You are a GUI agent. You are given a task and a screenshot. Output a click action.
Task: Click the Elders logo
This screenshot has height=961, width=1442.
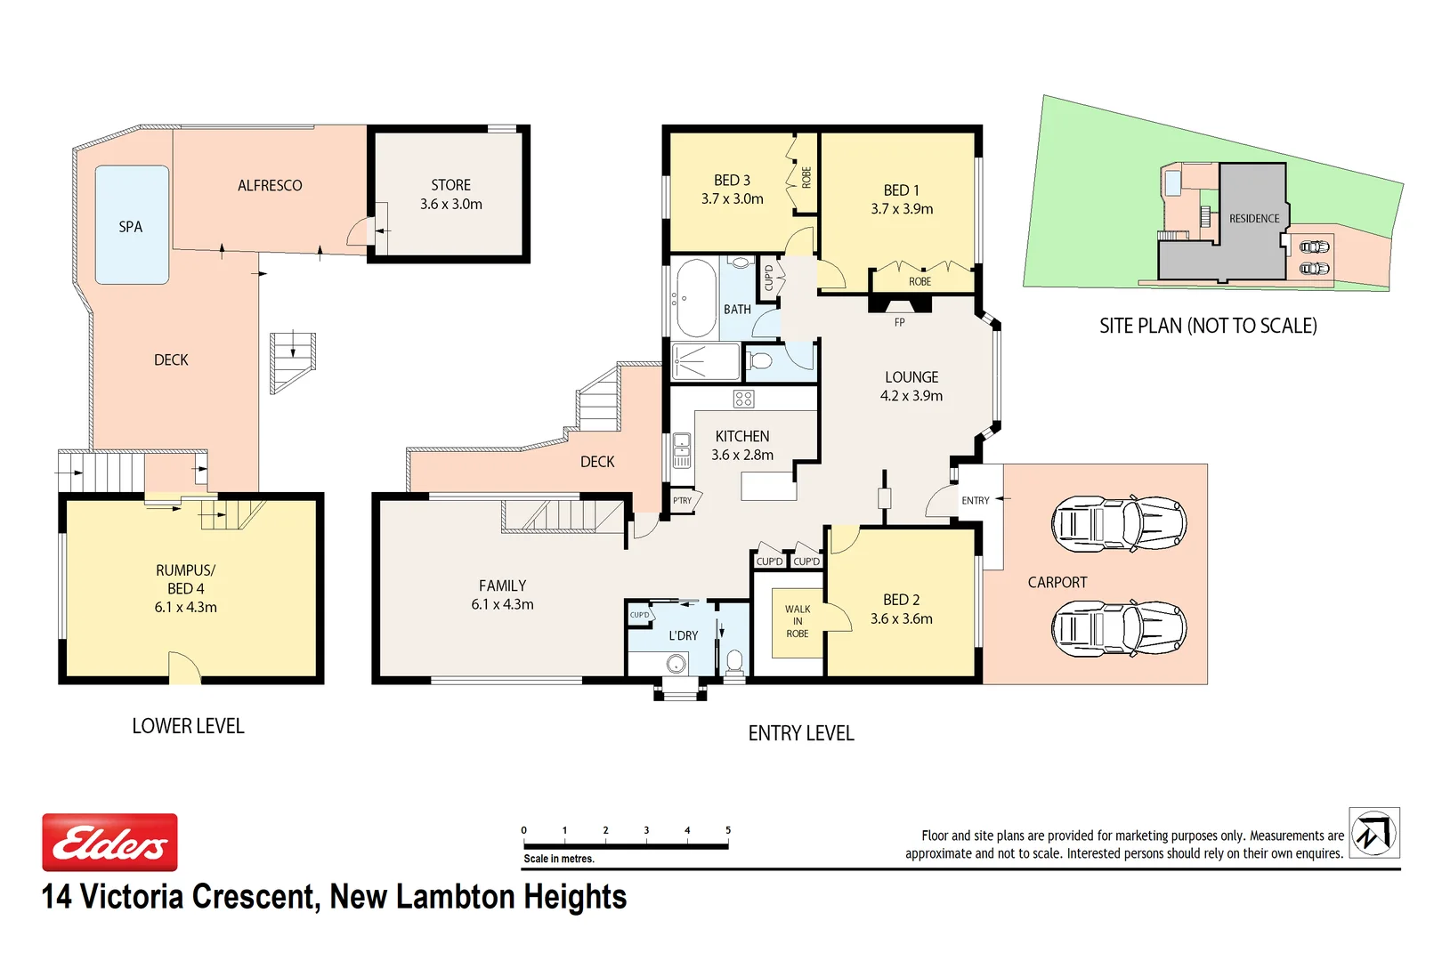pyautogui.click(x=110, y=842)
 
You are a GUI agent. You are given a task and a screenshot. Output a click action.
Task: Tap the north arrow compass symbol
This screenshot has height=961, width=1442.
pyautogui.click(x=1374, y=833)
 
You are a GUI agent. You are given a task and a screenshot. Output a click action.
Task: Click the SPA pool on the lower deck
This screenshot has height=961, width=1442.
pyautogui.click(x=132, y=224)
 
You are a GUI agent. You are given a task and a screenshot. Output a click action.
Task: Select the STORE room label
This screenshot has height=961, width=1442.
pyautogui.click(x=450, y=185)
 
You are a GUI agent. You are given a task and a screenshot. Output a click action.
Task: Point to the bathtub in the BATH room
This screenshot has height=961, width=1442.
pyautogui.click(x=695, y=298)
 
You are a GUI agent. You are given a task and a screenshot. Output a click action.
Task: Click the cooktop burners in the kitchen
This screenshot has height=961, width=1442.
pyautogui.click(x=743, y=399)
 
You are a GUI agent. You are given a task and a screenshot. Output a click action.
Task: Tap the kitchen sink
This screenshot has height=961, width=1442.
pyautogui.click(x=682, y=450)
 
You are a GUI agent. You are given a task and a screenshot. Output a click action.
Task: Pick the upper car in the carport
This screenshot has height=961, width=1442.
pyautogui.click(x=1119, y=523)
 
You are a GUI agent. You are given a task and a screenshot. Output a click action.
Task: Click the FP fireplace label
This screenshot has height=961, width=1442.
pyautogui.click(x=899, y=322)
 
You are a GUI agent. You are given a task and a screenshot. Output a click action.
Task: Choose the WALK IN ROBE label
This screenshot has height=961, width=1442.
pyautogui.click(x=798, y=621)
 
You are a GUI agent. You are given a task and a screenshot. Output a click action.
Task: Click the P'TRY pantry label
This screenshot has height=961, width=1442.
pyautogui.click(x=683, y=501)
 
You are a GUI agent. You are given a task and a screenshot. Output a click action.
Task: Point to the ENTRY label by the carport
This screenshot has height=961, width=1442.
pyautogui.click(x=976, y=500)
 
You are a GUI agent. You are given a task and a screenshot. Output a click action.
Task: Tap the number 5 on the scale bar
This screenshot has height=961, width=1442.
pyautogui.click(x=728, y=830)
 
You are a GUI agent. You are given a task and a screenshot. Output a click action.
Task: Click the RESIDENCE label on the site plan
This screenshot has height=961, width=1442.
pyautogui.click(x=1254, y=219)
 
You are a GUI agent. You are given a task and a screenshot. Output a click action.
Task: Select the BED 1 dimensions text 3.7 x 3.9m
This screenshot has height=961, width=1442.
pyautogui.click(x=902, y=208)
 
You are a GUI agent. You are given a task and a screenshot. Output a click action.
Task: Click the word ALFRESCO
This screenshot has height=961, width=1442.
pyautogui.click(x=270, y=185)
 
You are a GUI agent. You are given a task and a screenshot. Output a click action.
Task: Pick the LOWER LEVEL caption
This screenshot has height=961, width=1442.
pyautogui.click(x=188, y=726)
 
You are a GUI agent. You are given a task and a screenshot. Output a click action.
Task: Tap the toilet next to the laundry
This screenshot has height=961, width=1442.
pyautogui.click(x=733, y=662)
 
